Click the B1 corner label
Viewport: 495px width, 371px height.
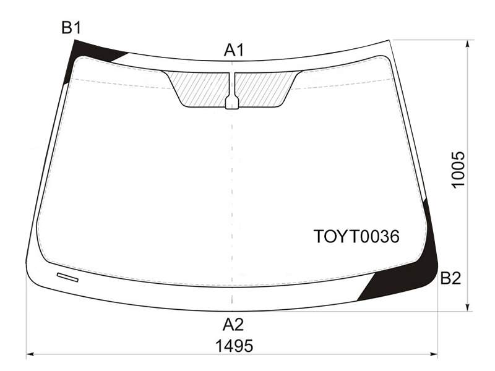71,27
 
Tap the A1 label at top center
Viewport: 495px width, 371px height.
234,50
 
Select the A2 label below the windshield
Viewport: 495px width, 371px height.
233,324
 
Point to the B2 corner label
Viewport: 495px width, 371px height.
450,278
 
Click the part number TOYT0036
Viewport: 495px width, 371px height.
356,236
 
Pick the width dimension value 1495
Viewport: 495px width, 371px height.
235,346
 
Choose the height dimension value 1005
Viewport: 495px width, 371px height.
458,169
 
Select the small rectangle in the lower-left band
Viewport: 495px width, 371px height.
67,277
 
